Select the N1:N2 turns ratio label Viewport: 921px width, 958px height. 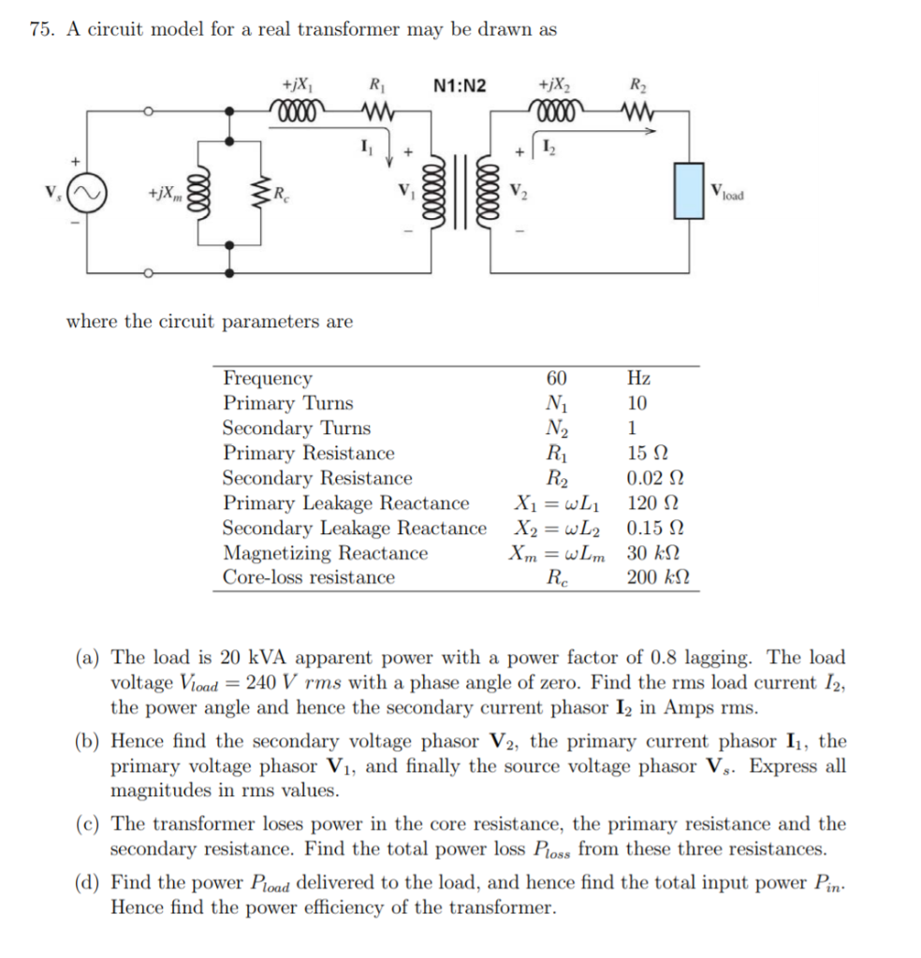pos(461,86)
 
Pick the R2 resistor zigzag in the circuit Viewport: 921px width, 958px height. pos(637,112)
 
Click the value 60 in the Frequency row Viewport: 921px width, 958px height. pos(556,379)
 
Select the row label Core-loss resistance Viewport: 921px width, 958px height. pos(308,577)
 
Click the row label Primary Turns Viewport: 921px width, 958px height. pos(287,403)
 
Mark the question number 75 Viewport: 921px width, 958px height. pos(40,29)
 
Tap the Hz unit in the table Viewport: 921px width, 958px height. pos(639,379)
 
